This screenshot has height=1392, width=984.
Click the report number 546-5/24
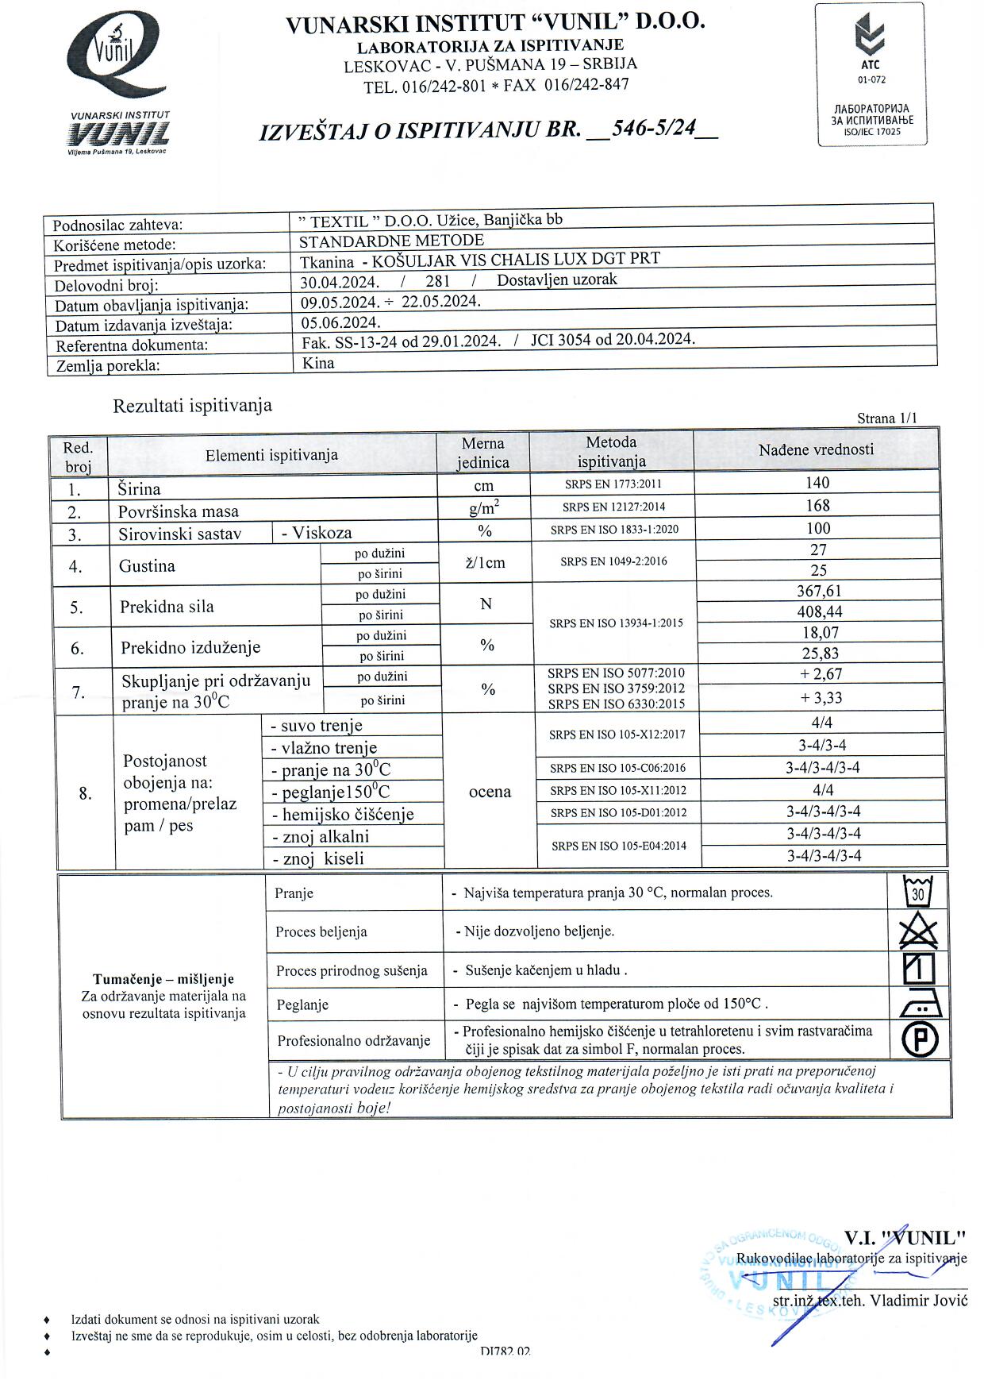tap(651, 128)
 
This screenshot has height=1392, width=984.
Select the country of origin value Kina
tap(318, 364)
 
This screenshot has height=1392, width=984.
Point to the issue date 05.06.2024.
tap(340, 322)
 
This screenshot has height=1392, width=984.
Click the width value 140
tap(817, 483)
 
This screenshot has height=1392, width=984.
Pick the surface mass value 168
tap(817, 506)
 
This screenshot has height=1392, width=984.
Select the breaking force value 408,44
tap(819, 611)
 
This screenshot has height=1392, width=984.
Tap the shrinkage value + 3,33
tap(821, 698)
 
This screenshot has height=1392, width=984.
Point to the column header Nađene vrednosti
tap(815, 450)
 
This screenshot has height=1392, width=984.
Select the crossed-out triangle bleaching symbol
tap(919, 931)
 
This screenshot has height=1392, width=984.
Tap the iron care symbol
tap(921, 1005)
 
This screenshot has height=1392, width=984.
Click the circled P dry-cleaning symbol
tap(920, 1040)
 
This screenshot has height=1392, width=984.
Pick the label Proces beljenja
tap(321, 932)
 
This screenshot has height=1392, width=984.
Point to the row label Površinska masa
tap(178, 511)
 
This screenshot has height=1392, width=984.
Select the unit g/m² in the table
tap(483, 508)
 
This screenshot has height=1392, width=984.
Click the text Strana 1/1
tap(886, 418)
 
